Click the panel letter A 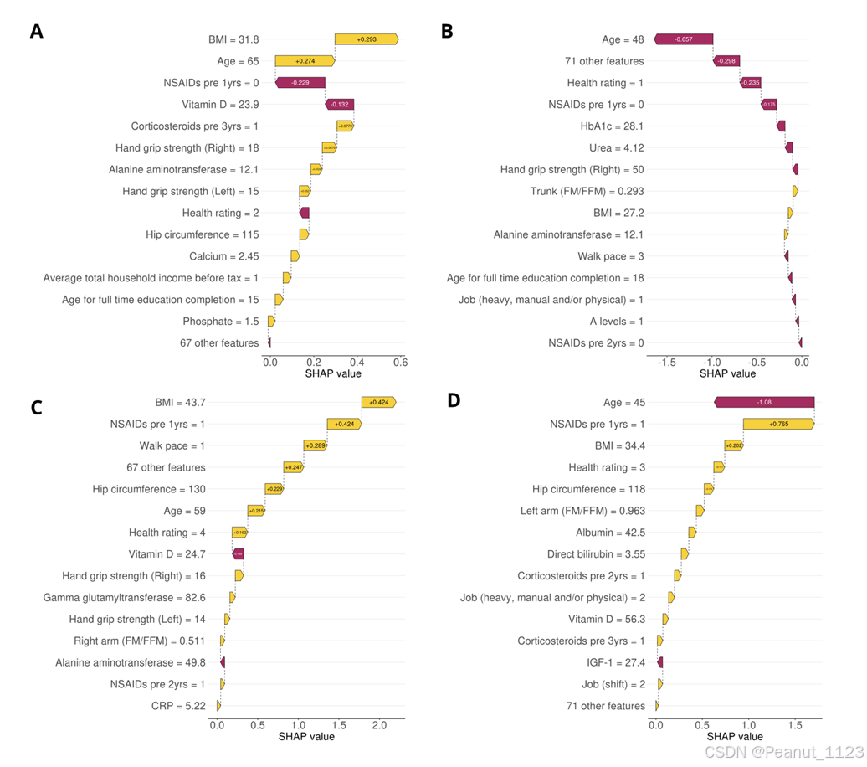(x=36, y=32)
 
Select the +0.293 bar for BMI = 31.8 (x=366, y=39)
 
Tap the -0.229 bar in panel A (x=300, y=83)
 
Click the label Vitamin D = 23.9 (x=220, y=105)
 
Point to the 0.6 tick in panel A (x=400, y=363)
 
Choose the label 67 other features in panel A (x=219, y=342)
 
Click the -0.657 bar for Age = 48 (x=684, y=39)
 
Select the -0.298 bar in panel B (x=726, y=61)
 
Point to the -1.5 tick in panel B (x=667, y=363)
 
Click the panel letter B (x=447, y=32)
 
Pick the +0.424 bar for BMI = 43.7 (x=378, y=403)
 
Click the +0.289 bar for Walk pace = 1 (x=315, y=446)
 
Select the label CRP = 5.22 (x=178, y=706)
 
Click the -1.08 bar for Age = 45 (x=764, y=403)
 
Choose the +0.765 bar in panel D (x=778, y=425)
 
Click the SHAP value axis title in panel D (x=727, y=736)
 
